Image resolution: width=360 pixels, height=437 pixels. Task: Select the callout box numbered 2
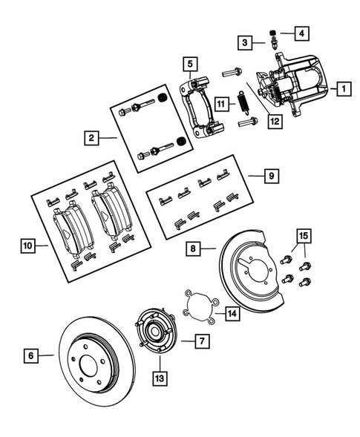click(x=91, y=137)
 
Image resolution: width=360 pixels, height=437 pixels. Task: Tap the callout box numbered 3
click(x=246, y=44)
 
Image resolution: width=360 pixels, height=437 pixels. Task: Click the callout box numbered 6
click(x=30, y=356)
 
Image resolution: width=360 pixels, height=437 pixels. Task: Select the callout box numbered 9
click(x=272, y=177)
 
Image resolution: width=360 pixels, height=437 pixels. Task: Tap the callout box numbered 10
click(x=27, y=245)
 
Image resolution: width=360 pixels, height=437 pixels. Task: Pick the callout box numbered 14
click(x=232, y=314)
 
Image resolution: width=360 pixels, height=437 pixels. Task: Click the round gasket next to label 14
click(x=199, y=305)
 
